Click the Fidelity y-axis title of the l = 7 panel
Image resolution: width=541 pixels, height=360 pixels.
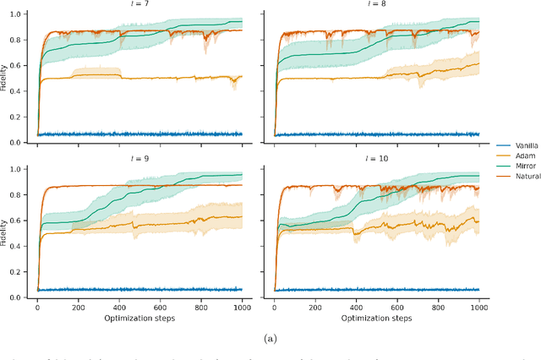pyautogui.click(x=7, y=78)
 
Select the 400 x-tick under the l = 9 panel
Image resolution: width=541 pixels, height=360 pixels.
pyautogui.click(x=118, y=308)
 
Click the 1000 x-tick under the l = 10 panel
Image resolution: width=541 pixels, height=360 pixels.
pyautogui.click(x=478, y=308)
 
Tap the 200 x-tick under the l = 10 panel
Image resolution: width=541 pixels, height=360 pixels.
pyautogui.click(x=314, y=308)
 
